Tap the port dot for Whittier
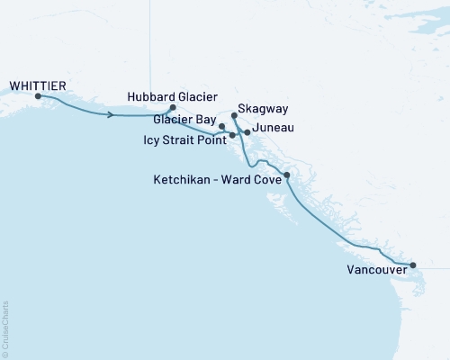click(38, 96)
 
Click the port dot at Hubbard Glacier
click(172, 107)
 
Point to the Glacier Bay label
click(184, 119)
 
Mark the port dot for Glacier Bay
click(222, 127)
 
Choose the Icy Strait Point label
click(184, 139)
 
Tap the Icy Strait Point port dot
click(233, 135)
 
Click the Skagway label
click(264, 108)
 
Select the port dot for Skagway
click(234, 115)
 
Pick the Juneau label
click(274, 128)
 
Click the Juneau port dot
click(247, 131)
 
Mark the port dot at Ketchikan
click(286, 175)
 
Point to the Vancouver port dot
click(412, 265)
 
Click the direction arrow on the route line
click(112, 115)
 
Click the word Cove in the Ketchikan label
click(267, 180)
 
